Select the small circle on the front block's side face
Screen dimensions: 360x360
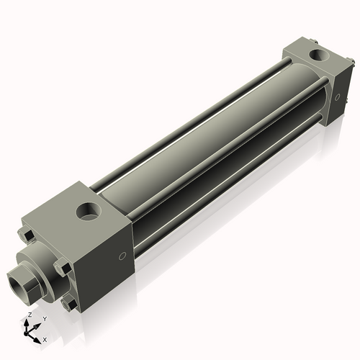pyautogui.click(x=122, y=256)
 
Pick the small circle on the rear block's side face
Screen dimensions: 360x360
pyautogui.click(x=338, y=96)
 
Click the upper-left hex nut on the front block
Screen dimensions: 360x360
pyautogui.click(x=26, y=235)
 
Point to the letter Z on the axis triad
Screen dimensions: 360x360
pyautogui.click(x=29, y=315)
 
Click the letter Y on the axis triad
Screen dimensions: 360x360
pyautogui.click(x=45, y=318)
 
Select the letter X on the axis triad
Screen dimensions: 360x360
pyautogui.click(x=45, y=338)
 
